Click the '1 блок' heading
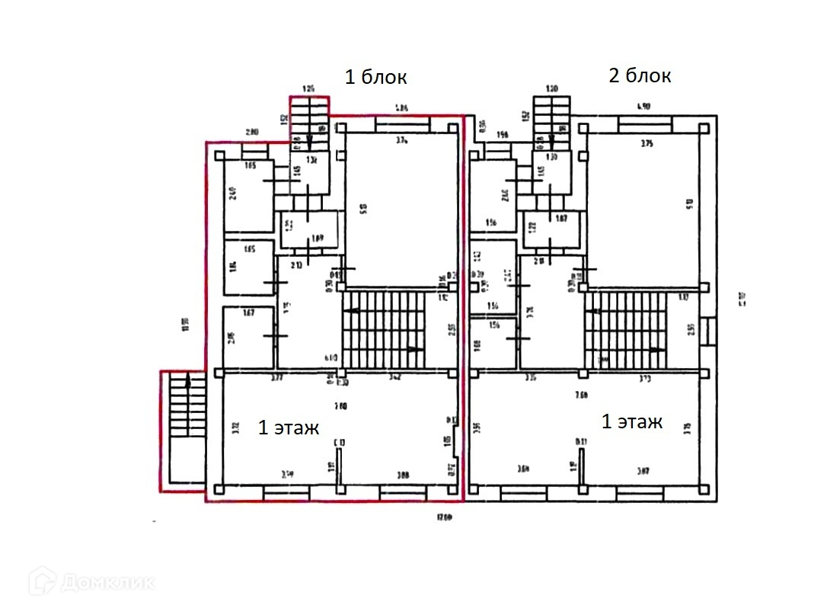[x=376, y=77]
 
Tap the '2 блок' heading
[x=639, y=75]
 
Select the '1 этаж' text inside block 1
[x=288, y=428]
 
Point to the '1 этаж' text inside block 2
[x=631, y=421]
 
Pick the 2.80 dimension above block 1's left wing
[x=252, y=132]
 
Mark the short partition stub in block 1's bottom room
[x=339, y=465]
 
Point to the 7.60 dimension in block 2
[x=582, y=394]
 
